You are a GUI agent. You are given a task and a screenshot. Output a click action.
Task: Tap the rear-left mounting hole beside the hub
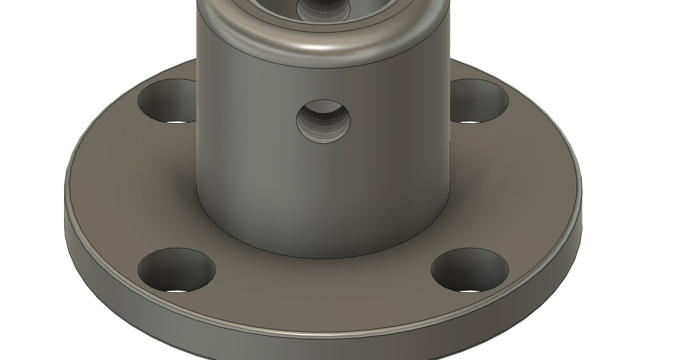169,102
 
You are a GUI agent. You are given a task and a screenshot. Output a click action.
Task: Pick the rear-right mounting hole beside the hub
479,102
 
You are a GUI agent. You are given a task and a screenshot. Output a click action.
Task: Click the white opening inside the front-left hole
177,290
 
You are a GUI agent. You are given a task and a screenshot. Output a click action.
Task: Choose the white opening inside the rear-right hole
469,122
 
